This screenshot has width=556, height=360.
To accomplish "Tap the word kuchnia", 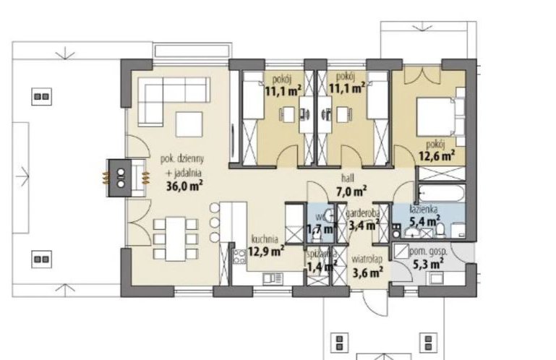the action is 265,239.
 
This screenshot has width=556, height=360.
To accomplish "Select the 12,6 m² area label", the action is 437,155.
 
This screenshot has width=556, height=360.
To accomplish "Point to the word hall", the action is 348,178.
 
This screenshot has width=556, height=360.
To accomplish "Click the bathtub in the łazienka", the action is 442,193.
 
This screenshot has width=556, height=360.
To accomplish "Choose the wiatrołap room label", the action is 367,260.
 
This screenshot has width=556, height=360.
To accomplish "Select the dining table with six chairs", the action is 176,239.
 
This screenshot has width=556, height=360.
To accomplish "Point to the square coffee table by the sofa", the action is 189,124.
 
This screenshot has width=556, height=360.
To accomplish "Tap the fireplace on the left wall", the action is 121,178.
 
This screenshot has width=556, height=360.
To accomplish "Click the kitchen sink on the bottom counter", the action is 273,279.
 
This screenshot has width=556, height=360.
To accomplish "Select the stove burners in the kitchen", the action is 240,257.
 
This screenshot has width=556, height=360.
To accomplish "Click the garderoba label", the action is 363,213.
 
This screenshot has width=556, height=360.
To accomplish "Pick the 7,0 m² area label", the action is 351,192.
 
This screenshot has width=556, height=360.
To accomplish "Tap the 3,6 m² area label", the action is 367,273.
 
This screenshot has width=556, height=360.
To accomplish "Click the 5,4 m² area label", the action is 425,221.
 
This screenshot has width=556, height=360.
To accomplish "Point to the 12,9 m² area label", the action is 265,252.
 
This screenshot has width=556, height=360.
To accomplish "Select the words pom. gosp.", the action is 428,252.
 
